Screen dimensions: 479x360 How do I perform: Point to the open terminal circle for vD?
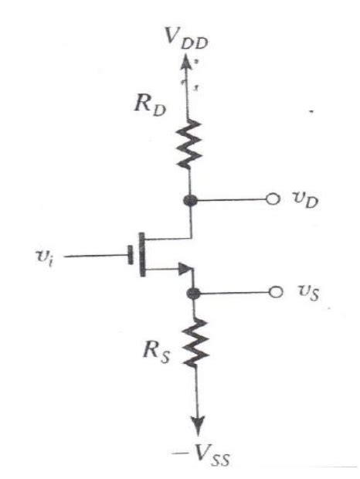coord(272,201)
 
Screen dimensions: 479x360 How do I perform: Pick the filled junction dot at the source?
coord(193,294)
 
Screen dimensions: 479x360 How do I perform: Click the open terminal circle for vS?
coord(272,294)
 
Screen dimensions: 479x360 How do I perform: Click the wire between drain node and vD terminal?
coord(232,201)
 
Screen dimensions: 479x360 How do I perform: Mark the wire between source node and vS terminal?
coord(232,294)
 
